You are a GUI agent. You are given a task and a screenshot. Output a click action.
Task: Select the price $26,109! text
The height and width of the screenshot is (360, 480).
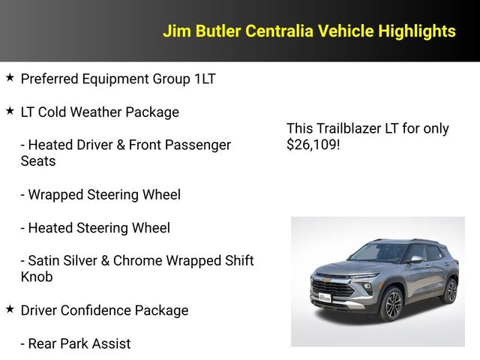point(313,145)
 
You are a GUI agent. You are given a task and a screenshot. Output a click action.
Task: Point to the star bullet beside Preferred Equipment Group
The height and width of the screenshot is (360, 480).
point(10,77)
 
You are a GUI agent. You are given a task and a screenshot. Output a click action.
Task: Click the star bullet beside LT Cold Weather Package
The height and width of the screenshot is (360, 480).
point(10,111)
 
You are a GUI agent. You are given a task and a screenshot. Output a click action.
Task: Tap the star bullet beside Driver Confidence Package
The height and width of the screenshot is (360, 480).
point(10,309)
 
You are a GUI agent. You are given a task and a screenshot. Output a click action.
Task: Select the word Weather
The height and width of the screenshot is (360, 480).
point(94,112)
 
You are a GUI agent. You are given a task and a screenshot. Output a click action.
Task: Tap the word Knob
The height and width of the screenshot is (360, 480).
point(38,277)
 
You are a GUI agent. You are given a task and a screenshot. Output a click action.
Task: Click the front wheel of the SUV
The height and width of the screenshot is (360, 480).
point(391,305)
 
